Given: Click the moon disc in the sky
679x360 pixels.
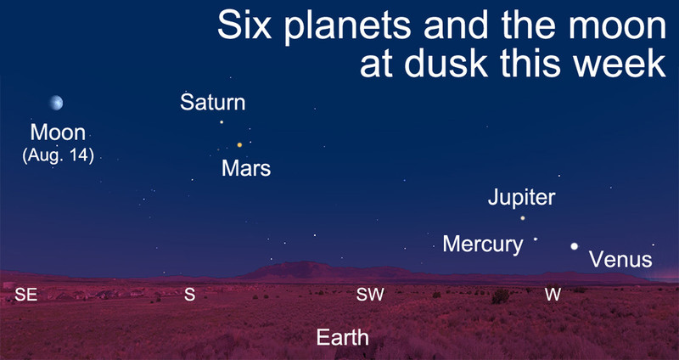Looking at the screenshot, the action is [56, 103].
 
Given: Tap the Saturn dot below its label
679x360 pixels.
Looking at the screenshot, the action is [222, 122].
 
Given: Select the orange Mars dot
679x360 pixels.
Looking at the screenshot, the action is [239, 144].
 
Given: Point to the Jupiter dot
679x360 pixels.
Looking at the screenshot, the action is [523, 218].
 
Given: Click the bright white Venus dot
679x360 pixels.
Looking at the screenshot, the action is [575, 246].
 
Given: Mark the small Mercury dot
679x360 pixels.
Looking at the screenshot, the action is [536, 239].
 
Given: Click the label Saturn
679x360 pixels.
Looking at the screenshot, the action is [213, 103].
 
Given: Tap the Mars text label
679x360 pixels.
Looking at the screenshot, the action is [246, 168].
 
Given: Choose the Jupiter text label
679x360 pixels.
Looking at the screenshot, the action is [521, 198].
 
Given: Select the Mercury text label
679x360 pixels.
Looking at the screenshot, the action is [483, 245].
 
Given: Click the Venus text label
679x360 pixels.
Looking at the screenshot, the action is [620, 260].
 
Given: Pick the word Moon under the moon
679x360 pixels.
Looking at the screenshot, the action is [58, 132].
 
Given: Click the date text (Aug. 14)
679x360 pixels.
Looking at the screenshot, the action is [58, 156].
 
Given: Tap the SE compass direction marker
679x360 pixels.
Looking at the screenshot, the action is [26, 295].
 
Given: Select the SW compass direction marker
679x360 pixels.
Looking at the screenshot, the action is [370, 295].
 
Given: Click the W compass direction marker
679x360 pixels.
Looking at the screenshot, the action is [553, 295].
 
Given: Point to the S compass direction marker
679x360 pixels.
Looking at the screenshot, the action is [189, 295].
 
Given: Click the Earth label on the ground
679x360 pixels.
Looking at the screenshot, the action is [343, 338].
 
